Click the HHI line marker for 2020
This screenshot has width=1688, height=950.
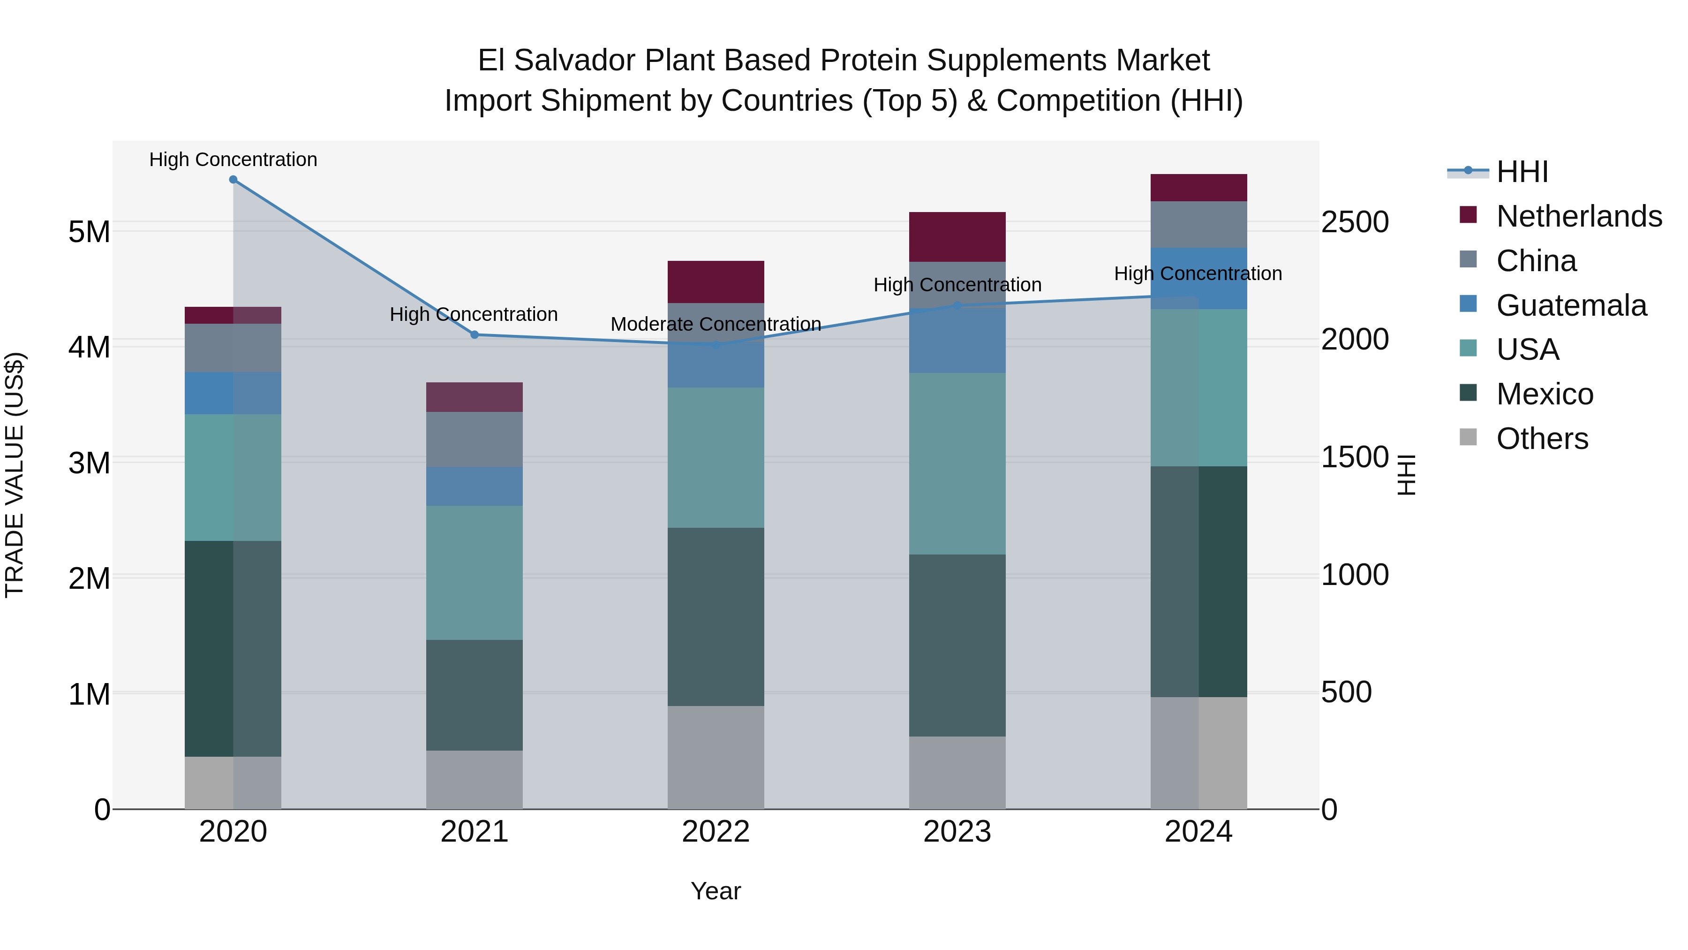tap(234, 180)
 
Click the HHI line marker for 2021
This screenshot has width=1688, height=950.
tap(475, 335)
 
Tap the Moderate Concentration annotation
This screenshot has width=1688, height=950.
tap(716, 325)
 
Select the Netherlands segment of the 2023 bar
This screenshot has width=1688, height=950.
tap(957, 237)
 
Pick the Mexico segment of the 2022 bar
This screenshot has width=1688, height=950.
tap(716, 616)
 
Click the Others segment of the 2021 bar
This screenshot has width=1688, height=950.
tap(475, 780)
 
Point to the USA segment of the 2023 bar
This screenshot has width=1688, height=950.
tap(957, 464)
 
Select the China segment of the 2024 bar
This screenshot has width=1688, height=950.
tap(1198, 224)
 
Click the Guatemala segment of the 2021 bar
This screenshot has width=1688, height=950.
tap(475, 486)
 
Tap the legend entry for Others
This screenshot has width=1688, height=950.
tap(1542, 439)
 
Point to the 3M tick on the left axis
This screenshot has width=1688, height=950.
tap(89, 464)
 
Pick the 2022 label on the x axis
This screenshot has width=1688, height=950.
tap(716, 832)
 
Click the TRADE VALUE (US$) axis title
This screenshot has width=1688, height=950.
tap(15, 475)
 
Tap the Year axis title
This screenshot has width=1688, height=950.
tap(716, 891)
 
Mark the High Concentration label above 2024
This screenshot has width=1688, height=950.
tap(1198, 274)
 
